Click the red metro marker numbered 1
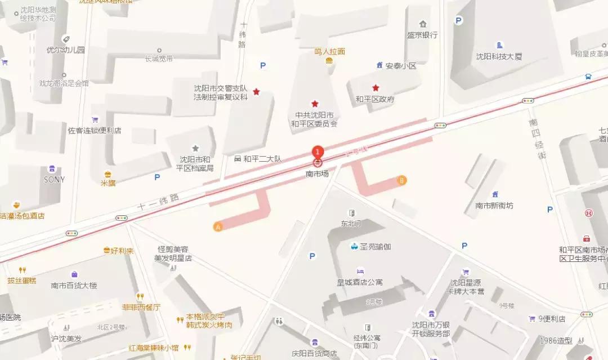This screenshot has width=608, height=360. pyautogui.click(x=318, y=151)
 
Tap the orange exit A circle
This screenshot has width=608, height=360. pyautogui.click(x=218, y=227)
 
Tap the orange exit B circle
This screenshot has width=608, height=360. pyautogui.click(x=402, y=181)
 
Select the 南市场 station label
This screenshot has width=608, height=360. pyautogui.click(x=318, y=174)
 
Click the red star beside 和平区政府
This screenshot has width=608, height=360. pyautogui.click(x=375, y=88)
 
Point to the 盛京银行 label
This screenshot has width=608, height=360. pyautogui.click(x=422, y=35)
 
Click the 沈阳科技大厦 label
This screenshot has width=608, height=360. pyautogui.click(x=499, y=56)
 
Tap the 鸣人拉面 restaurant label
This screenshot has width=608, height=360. pyautogui.click(x=329, y=51)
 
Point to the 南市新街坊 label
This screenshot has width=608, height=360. pyautogui.click(x=494, y=206)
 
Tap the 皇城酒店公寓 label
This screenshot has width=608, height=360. pyautogui.click(x=360, y=282)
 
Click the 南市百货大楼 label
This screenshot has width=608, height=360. pyautogui.click(x=74, y=285)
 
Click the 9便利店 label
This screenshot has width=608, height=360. pyautogui.click(x=551, y=319)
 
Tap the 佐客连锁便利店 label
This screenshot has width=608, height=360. pyautogui.click(x=95, y=131)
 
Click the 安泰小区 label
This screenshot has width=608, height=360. pyautogui.click(x=400, y=66)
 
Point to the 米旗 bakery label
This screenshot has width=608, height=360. pyautogui.click(x=108, y=183)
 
